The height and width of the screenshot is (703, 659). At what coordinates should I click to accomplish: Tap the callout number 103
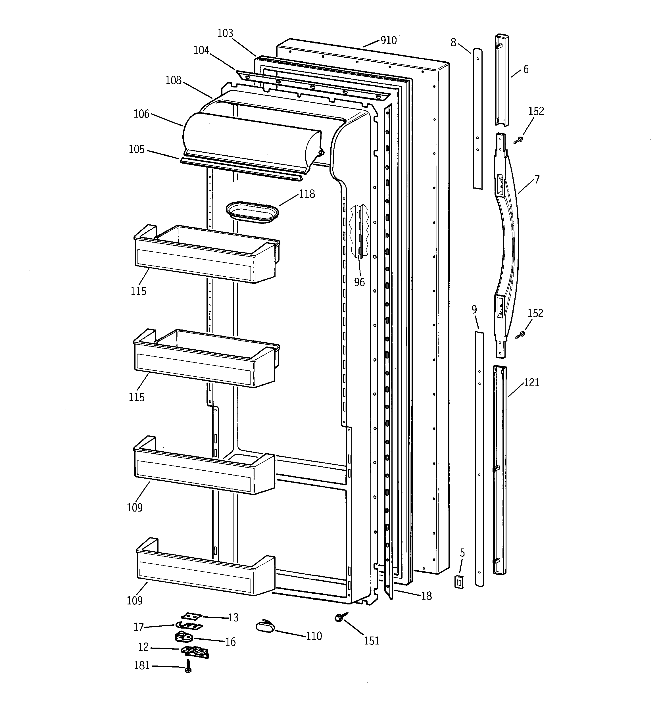tap(225, 33)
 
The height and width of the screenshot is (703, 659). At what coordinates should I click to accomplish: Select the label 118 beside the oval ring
tap(307, 194)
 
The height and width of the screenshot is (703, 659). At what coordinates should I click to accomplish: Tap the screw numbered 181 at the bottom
tap(188, 666)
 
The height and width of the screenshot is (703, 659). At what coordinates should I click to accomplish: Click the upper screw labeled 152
tap(519, 140)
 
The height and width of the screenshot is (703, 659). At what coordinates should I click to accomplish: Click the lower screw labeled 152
tap(521, 334)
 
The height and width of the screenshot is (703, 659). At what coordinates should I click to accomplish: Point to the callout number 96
tap(359, 282)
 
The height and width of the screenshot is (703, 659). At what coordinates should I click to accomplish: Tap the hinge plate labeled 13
tap(191, 616)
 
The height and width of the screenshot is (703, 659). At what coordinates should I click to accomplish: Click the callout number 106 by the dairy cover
tap(141, 114)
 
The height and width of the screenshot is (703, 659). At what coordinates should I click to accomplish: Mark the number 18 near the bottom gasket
tap(426, 596)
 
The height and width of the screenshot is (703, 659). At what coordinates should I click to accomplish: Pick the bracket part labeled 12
tap(195, 651)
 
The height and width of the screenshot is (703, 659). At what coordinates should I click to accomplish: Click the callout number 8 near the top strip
tap(453, 42)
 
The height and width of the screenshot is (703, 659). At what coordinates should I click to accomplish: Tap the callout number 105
tap(137, 149)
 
